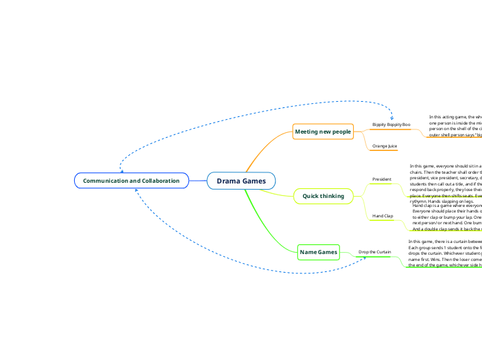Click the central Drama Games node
pyautogui.click(x=241, y=181)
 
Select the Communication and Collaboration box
pyautogui.click(x=131, y=181)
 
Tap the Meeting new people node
pyautogui.click(x=323, y=132)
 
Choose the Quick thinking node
pyautogui.click(x=323, y=196)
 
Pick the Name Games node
pyautogui.click(x=319, y=253)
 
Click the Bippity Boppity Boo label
pyautogui.click(x=391, y=125)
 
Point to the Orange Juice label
pyautogui.click(x=384, y=146)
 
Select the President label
pyautogui.click(x=382, y=179)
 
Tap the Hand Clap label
pyautogui.click(x=382, y=216)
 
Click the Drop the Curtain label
pyautogui.click(x=375, y=252)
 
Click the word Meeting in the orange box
pyautogui.click(x=308, y=132)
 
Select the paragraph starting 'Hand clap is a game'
pyautogui.click(x=446, y=217)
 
